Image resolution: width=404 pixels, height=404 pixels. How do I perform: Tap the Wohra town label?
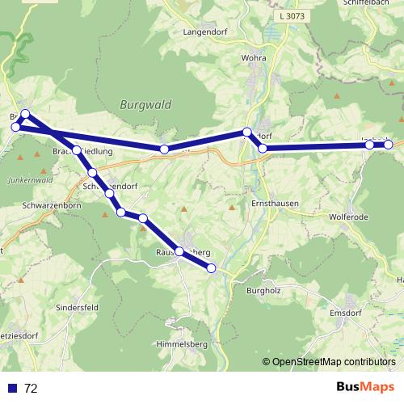tap(254, 59)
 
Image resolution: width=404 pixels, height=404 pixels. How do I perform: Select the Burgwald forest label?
tap(141, 104)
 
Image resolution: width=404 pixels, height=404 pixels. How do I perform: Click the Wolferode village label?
tap(349, 217)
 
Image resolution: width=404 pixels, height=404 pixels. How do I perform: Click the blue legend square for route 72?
tap(12, 388)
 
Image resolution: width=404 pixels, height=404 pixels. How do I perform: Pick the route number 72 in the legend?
tap(32, 388)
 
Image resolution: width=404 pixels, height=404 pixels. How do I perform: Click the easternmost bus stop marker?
tap(388, 145)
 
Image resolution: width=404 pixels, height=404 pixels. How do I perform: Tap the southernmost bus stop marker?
tap(212, 267)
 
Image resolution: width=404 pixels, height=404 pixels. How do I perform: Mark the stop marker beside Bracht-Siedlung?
tap(77, 150)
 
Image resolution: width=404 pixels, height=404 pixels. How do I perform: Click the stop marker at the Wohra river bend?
tap(247, 132)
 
